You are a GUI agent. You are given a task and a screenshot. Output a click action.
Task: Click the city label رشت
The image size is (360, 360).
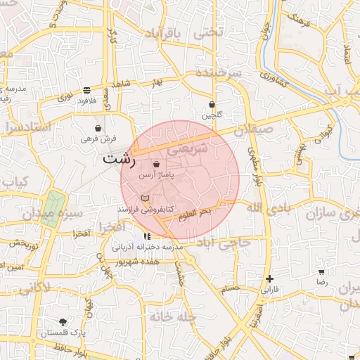pos(117,158)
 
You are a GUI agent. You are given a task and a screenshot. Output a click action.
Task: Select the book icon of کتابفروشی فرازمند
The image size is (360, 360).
pos(146,199)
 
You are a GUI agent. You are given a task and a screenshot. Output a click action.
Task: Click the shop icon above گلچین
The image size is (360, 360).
pos(212,105)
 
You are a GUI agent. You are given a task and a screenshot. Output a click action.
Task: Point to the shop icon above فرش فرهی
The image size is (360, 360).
pos(97,129)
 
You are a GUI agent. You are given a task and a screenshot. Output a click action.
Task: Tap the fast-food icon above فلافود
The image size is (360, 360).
pos(86,90)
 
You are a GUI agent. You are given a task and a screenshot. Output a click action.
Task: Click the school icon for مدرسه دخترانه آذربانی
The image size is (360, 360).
pos(147,236)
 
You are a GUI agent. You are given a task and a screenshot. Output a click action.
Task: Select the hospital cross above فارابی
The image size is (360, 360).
pos(269,278)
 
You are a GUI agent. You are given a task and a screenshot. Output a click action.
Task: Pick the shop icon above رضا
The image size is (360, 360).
pos(321,271)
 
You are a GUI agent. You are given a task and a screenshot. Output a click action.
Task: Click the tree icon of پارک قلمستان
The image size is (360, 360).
pos(63,321)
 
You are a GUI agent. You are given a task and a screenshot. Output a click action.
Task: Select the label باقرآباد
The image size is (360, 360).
pos(178,34)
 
